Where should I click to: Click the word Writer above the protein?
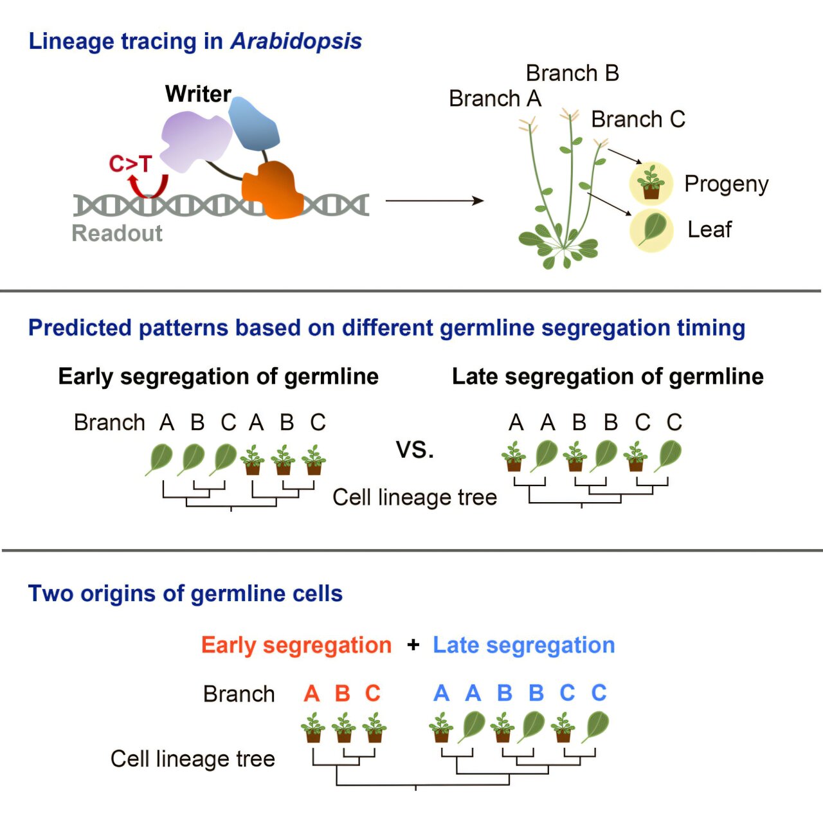[x=198, y=94]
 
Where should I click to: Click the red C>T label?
[x=130, y=164]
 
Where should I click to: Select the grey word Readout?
[x=117, y=233]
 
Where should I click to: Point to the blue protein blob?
[x=254, y=124]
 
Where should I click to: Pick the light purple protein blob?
[x=194, y=140]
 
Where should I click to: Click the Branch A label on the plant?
[x=495, y=99]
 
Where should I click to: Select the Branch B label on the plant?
[x=572, y=73]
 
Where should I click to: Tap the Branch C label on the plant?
[x=638, y=120]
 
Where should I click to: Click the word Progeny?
[x=726, y=184]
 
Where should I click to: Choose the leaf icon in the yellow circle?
[x=651, y=230]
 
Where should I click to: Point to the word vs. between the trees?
[x=415, y=449]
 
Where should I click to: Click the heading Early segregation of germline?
[x=218, y=376]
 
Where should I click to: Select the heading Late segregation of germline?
[x=608, y=376]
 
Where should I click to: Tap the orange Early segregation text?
[x=296, y=645]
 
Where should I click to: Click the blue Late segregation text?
[x=523, y=645]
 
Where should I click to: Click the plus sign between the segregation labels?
[x=413, y=645]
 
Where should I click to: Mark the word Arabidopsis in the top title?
[x=296, y=41]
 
